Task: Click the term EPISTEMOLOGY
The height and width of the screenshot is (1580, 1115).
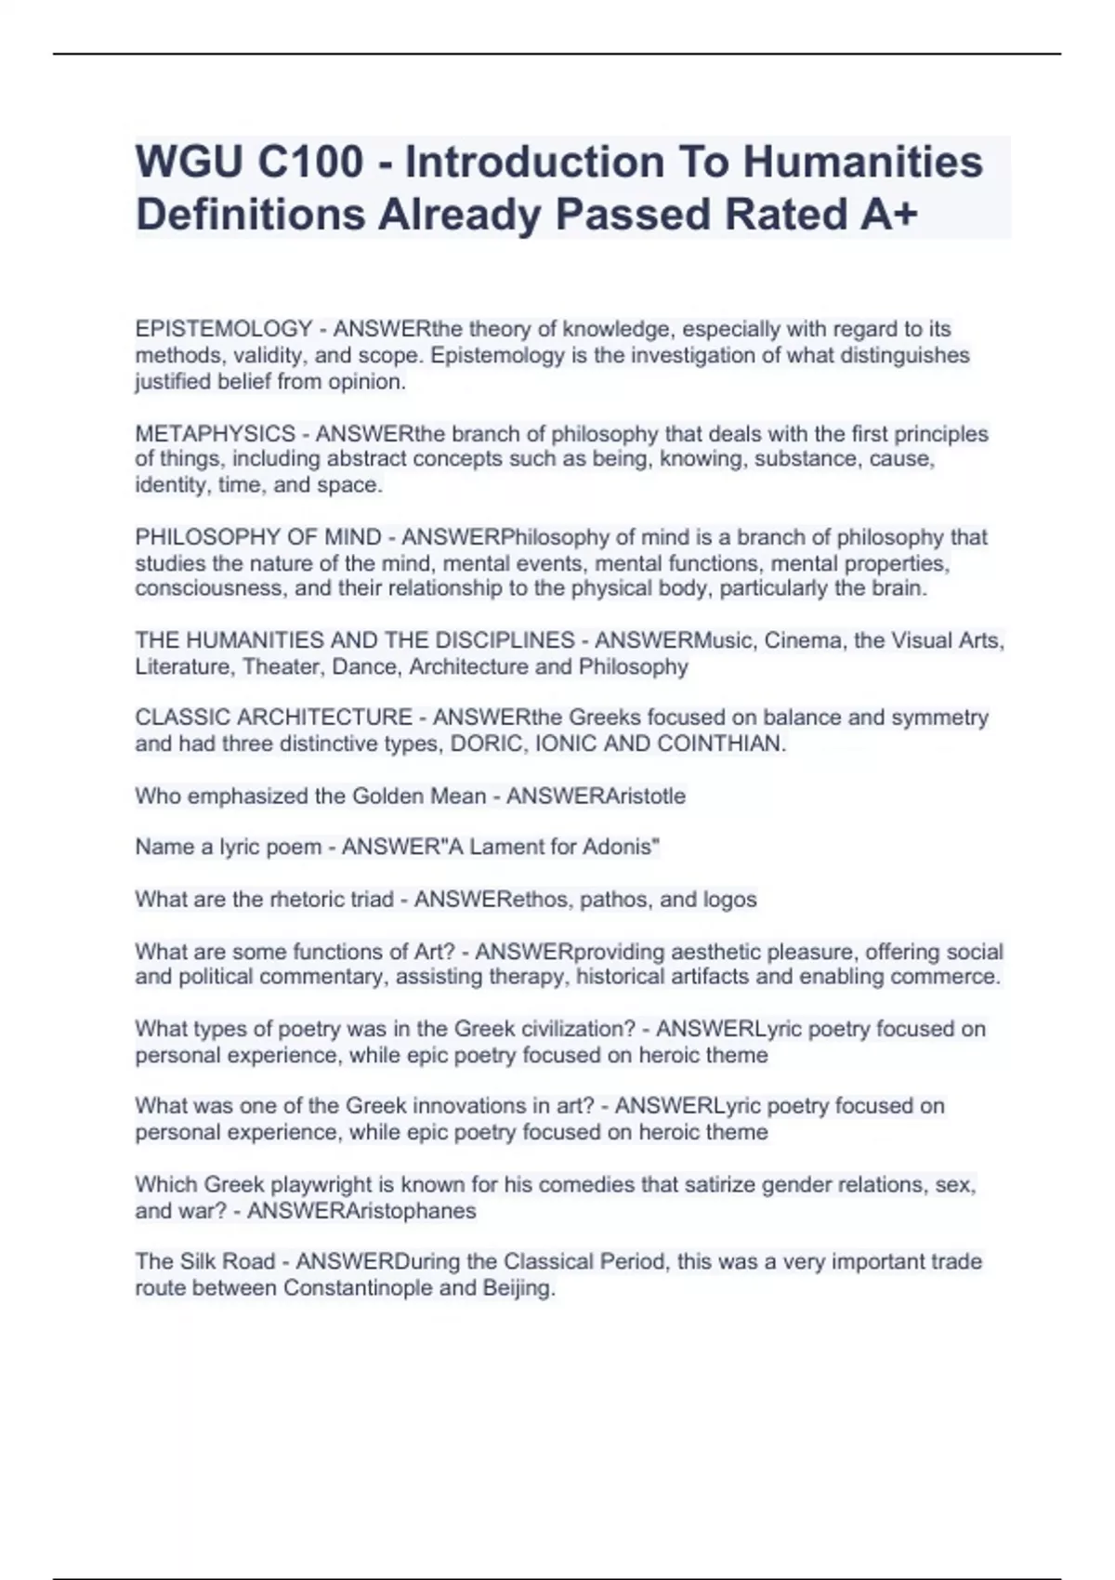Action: (x=223, y=329)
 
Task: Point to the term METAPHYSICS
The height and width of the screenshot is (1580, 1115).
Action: (x=215, y=434)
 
